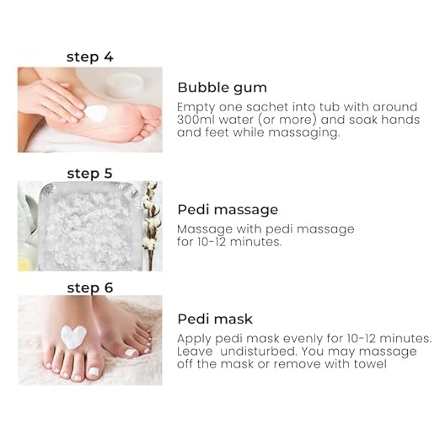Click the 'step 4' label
90,57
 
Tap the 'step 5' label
90,174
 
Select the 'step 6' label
90,288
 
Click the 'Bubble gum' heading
222,88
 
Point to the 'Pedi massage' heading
228,210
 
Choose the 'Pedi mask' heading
215,319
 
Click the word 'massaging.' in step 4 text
304,133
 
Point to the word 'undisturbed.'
258,351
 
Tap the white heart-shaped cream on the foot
73,336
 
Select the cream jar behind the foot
125,82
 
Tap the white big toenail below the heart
94,372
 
